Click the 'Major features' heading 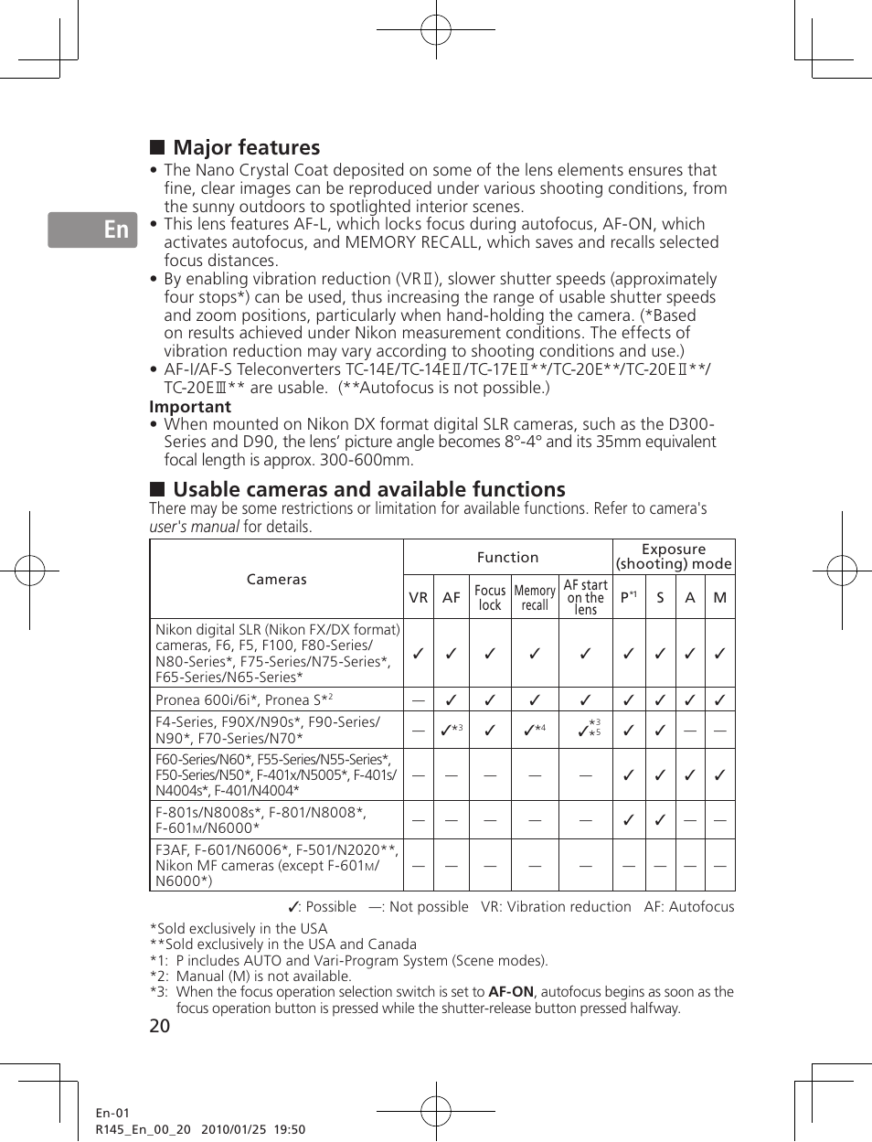coord(246,147)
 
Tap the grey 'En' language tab coord(93,229)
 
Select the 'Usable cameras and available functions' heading coord(368,489)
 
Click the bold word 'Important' coord(190,407)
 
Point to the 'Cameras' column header coord(276,579)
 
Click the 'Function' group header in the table coord(507,557)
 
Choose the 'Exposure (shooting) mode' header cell coord(674,556)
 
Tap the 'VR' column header coord(419,597)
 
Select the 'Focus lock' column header coord(490,597)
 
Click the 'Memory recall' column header coord(535,597)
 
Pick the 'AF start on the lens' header coord(585,597)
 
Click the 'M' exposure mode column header coord(720,597)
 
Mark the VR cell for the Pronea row coord(419,700)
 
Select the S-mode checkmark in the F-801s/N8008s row coord(660,820)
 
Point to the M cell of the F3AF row coord(720,865)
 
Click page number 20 coord(159,1026)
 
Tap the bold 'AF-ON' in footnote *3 coord(510,992)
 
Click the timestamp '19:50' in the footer coord(290,1129)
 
